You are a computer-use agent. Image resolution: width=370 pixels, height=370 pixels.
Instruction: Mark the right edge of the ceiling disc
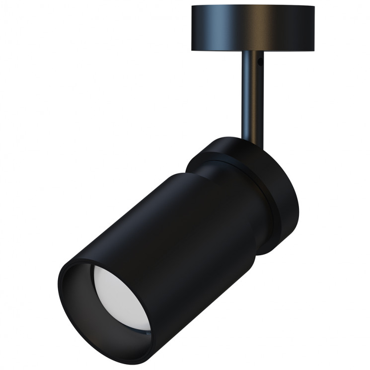314,27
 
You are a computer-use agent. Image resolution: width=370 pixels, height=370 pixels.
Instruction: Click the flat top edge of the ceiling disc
252,7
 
